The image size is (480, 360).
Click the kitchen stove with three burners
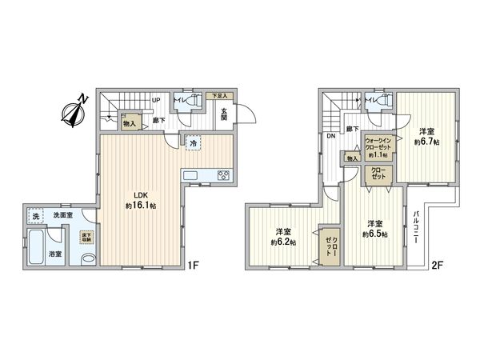click(221, 176)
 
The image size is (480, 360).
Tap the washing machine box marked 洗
click(34, 217)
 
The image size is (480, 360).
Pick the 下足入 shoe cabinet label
click(217, 96)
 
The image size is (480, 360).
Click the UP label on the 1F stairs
click(157, 101)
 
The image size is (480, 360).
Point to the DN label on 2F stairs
click(330, 135)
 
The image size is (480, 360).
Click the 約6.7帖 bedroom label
click(426, 136)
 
